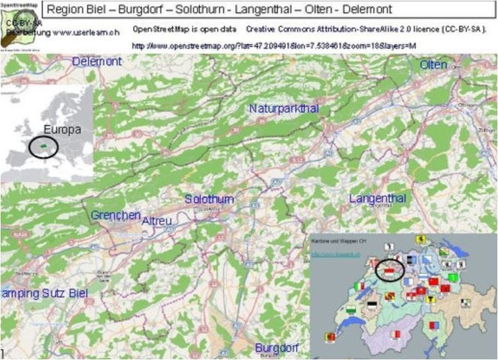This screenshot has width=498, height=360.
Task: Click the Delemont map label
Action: point(97,62)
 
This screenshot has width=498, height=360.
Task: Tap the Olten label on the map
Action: point(433,65)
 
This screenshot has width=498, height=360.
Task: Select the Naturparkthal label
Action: point(284,109)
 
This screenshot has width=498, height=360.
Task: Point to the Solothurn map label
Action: point(209,199)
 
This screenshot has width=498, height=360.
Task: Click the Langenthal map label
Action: point(378,199)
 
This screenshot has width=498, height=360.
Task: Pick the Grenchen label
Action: point(116,215)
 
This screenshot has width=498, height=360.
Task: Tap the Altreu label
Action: point(157,220)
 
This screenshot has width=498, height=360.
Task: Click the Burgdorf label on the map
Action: point(278,347)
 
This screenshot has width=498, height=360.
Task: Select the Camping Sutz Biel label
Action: point(44,293)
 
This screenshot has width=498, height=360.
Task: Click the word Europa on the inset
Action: point(62,130)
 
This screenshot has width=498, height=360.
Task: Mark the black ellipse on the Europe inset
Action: point(43,147)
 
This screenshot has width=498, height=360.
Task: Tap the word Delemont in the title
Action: point(366,10)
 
